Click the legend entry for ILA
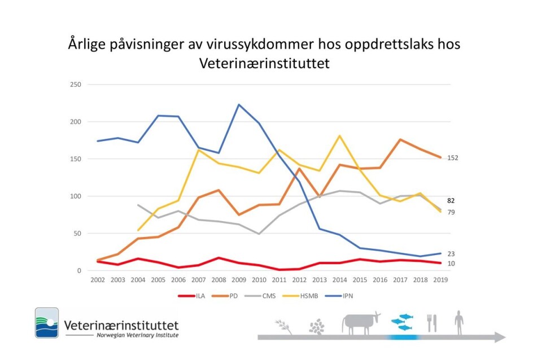click(194, 295)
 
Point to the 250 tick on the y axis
click(75, 85)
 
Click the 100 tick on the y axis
click(75, 196)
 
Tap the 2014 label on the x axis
click(339, 279)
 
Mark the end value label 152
click(452, 158)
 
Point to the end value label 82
click(451, 200)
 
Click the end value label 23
click(451, 254)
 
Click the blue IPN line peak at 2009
click(238, 104)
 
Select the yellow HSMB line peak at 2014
click(340, 135)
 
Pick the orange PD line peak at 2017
click(400, 139)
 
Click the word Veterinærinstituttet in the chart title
click(264, 64)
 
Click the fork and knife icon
click(432, 323)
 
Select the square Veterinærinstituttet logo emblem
click(47, 323)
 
